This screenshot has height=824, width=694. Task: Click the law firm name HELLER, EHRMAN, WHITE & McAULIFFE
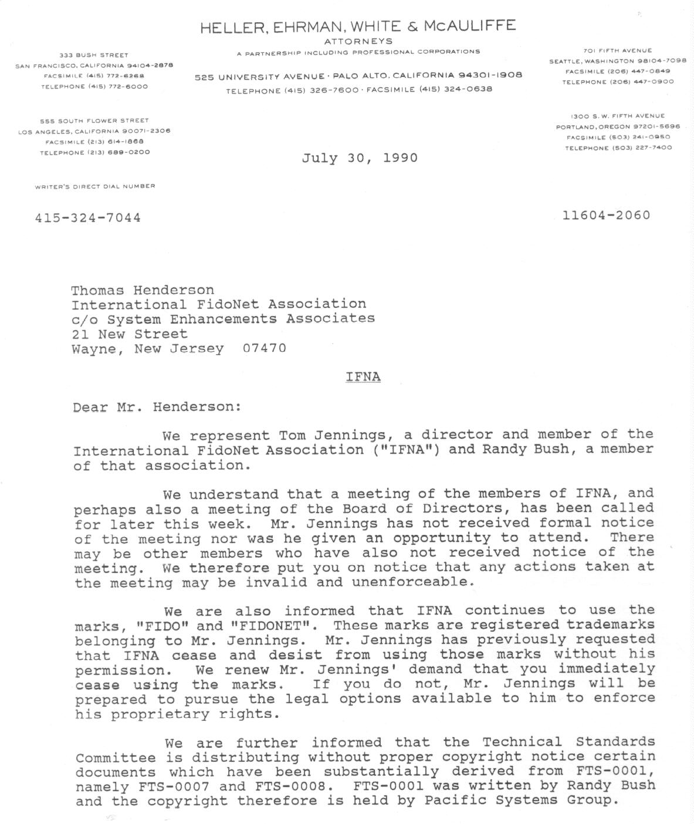(x=358, y=26)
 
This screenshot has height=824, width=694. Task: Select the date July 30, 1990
(x=360, y=158)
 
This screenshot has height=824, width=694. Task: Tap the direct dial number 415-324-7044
(x=88, y=218)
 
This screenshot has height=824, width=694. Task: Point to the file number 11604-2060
(x=606, y=215)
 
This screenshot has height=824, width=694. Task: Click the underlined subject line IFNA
(x=363, y=377)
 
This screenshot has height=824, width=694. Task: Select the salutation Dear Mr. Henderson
(x=157, y=406)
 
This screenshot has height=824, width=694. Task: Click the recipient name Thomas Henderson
(x=143, y=290)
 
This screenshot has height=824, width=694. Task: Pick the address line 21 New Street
(x=129, y=334)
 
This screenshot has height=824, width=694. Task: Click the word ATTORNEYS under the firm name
(x=358, y=42)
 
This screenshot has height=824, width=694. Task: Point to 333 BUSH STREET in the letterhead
(x=94, y=55)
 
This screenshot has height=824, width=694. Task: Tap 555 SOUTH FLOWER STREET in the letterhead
(x=94, y=120)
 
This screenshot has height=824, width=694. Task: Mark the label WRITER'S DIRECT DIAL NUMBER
(x=95, y=186)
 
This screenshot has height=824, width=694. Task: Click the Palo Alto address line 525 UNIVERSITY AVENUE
(x=260, y=77)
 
